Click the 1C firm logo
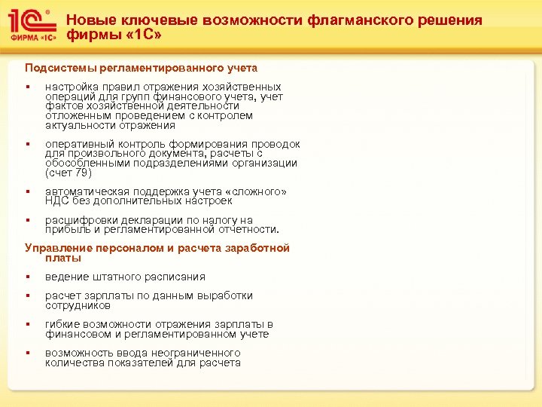pyautogui.click(x=31, y=26)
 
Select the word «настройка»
pyautogui.click(x=72, y=87)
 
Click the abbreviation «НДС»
pyautogui.click(x=57, y=200)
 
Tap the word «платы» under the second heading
pyautogui.click(x=62, y=258)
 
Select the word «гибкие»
pyautogui.click(x=63, y=324)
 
